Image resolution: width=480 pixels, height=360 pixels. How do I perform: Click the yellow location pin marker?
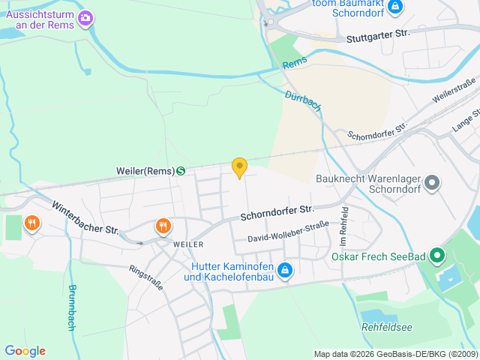tap(239, 167)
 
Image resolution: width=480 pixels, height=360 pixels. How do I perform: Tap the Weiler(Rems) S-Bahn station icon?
tap(181, 170)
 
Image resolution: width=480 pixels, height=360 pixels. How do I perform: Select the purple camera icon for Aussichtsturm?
tap(86, 16)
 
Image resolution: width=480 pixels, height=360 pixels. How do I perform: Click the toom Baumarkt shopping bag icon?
tap(396, 7)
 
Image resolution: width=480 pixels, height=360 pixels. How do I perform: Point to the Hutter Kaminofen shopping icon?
tap(285, 270)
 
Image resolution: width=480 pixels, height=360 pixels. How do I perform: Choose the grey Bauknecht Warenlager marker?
tap(431, 182)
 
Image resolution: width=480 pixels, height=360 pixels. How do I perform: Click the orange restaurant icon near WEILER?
tap(163, 226)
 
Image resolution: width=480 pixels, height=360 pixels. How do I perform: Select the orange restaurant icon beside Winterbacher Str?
tap(31, 223)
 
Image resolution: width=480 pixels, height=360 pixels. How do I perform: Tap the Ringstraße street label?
tap(145, 277)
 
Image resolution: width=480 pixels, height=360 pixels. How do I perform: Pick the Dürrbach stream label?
tap(303, 101)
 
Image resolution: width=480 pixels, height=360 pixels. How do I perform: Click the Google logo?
tap(25, 351)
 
